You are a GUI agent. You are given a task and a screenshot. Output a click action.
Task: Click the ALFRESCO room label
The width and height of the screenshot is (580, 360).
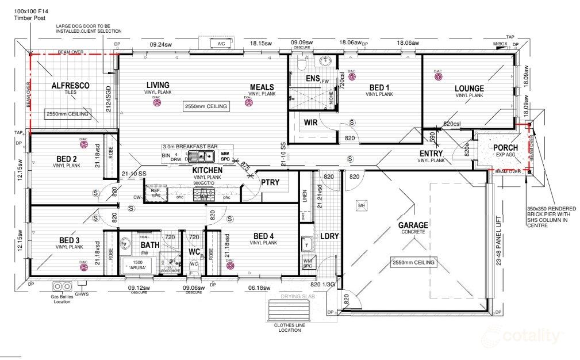tap(71, 86)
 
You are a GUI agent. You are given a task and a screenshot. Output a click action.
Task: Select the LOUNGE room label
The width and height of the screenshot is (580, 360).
tap(469, 89)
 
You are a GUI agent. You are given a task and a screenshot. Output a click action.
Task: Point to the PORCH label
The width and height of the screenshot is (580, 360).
tap(505, 148)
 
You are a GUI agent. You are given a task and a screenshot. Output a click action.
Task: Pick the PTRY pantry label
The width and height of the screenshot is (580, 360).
tap(270, 182)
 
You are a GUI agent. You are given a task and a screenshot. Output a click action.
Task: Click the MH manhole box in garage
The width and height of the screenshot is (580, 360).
tap(362, 205)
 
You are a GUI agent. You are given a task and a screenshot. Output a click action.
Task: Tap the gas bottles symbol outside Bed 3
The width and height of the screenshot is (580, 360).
tap(61, 286)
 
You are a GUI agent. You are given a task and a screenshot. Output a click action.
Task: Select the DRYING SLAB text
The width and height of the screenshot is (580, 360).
tap(295, 297)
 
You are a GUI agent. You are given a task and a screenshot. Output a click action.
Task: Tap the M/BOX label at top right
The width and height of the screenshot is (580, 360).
tap(500, 44)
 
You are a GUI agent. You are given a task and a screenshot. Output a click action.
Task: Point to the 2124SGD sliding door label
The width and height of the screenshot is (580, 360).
tap(107, 102)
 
